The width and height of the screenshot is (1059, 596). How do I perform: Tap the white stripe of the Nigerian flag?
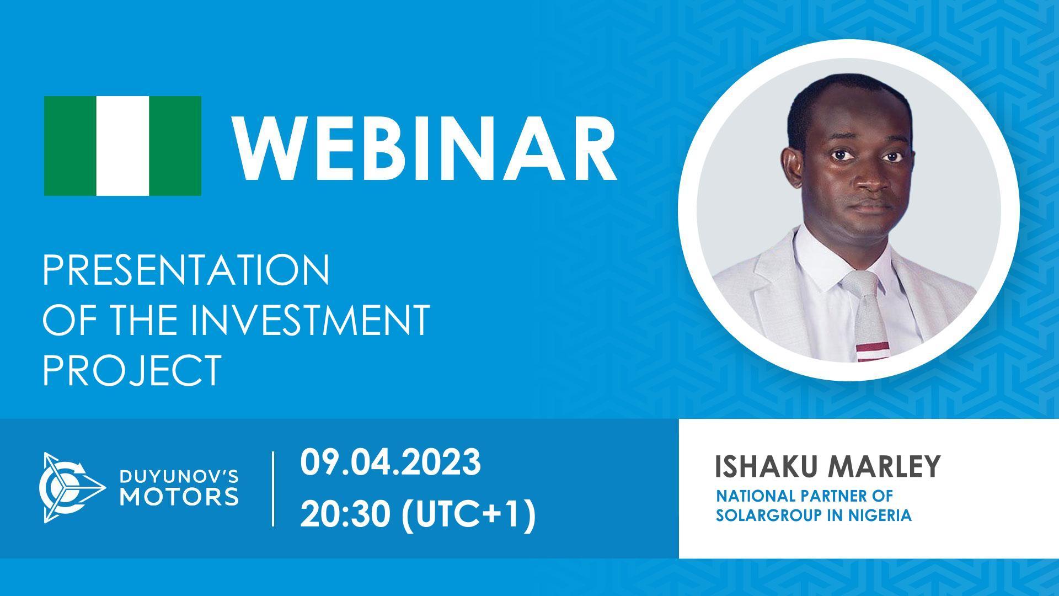(122, 146)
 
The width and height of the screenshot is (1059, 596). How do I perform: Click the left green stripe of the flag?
(70, 146)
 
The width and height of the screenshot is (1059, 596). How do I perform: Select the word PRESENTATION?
(186, 270)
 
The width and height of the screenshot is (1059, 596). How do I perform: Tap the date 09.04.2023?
(391, 462)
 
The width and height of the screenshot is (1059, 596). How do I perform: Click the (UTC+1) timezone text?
(469, 517)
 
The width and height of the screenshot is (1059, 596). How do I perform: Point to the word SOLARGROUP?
(764, 515)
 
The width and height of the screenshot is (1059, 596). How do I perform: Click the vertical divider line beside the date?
(274, 489)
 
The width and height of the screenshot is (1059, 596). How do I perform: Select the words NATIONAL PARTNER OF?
(804, 496)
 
